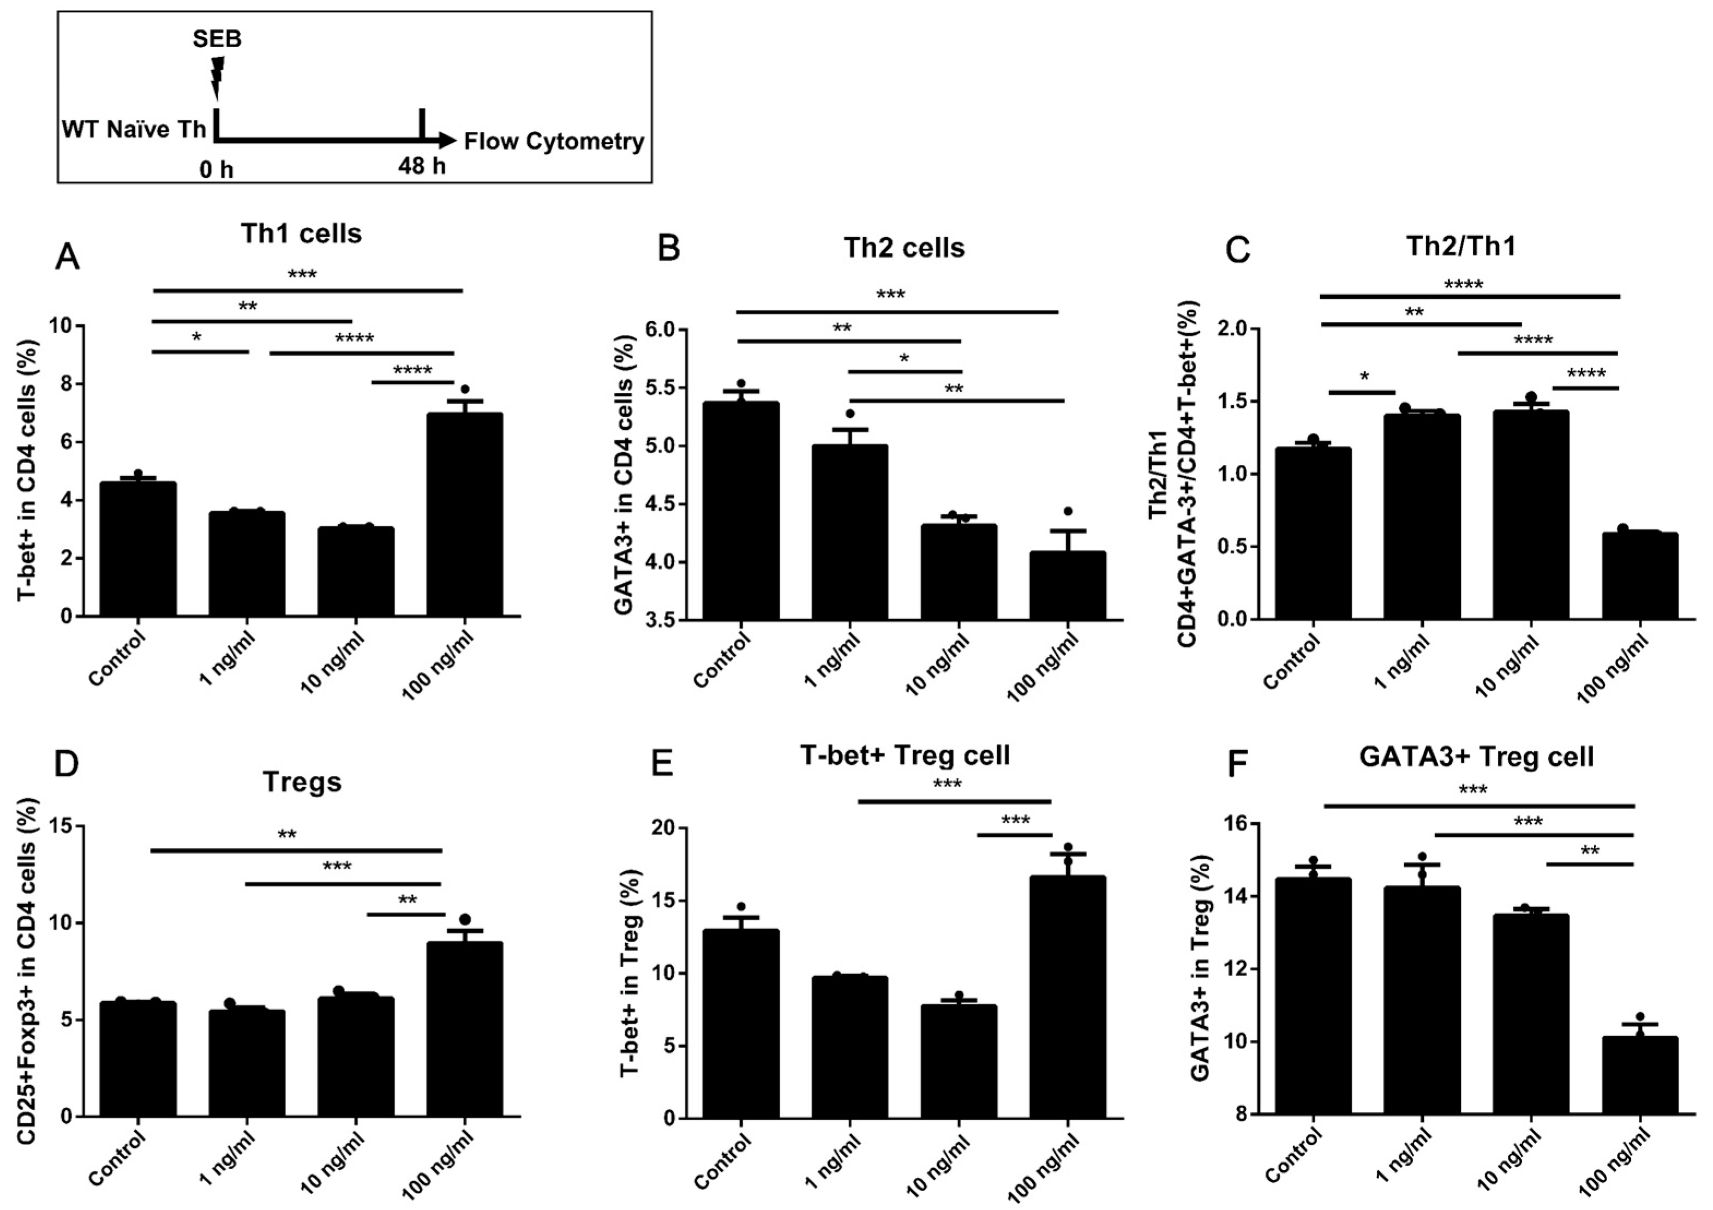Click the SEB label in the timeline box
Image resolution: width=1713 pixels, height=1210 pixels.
click(217, 39)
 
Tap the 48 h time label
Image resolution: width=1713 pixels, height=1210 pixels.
click(422, 166)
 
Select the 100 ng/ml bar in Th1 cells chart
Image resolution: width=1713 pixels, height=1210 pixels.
click(464, 515)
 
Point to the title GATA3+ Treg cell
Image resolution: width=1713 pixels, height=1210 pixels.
click(1476, 757)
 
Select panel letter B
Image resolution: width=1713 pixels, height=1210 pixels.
click(668, 248)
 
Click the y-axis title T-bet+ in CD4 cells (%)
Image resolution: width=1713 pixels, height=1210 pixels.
click(28, 471)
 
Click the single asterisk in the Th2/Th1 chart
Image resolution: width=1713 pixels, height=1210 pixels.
click(1364, 378)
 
